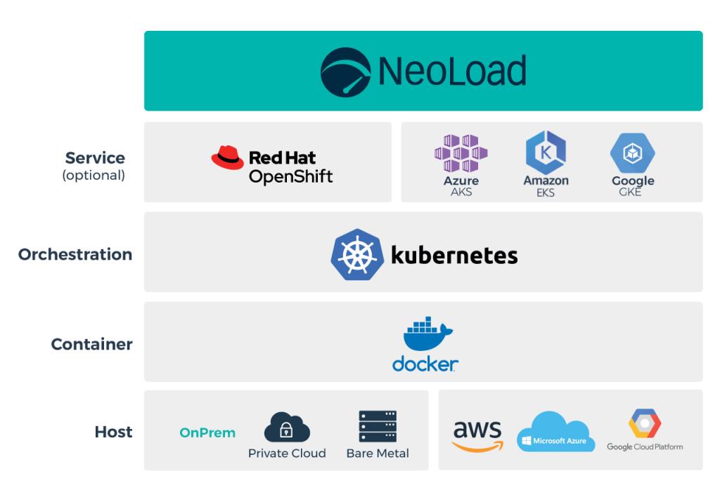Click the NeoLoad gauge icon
[x=345, y=72]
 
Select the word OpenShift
[x=290, y=176]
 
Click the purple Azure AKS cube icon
[x=461, y=153]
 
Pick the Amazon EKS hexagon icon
[x=546, y=152]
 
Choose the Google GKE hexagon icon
[x=632, y=153]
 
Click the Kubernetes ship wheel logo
[x=356, y=254]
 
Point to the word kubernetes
[x=454, y=255]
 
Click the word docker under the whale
[x=425, y=364]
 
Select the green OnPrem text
[x=207, y=433]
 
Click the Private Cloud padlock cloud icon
[x=287, y=427]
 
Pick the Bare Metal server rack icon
[x=378, y=426]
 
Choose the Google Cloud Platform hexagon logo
[x=645, y=423]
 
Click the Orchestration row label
[x=75, y=254]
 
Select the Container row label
[x=91, y=344]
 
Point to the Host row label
[x=113, y=432]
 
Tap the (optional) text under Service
[x=94, y=176]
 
